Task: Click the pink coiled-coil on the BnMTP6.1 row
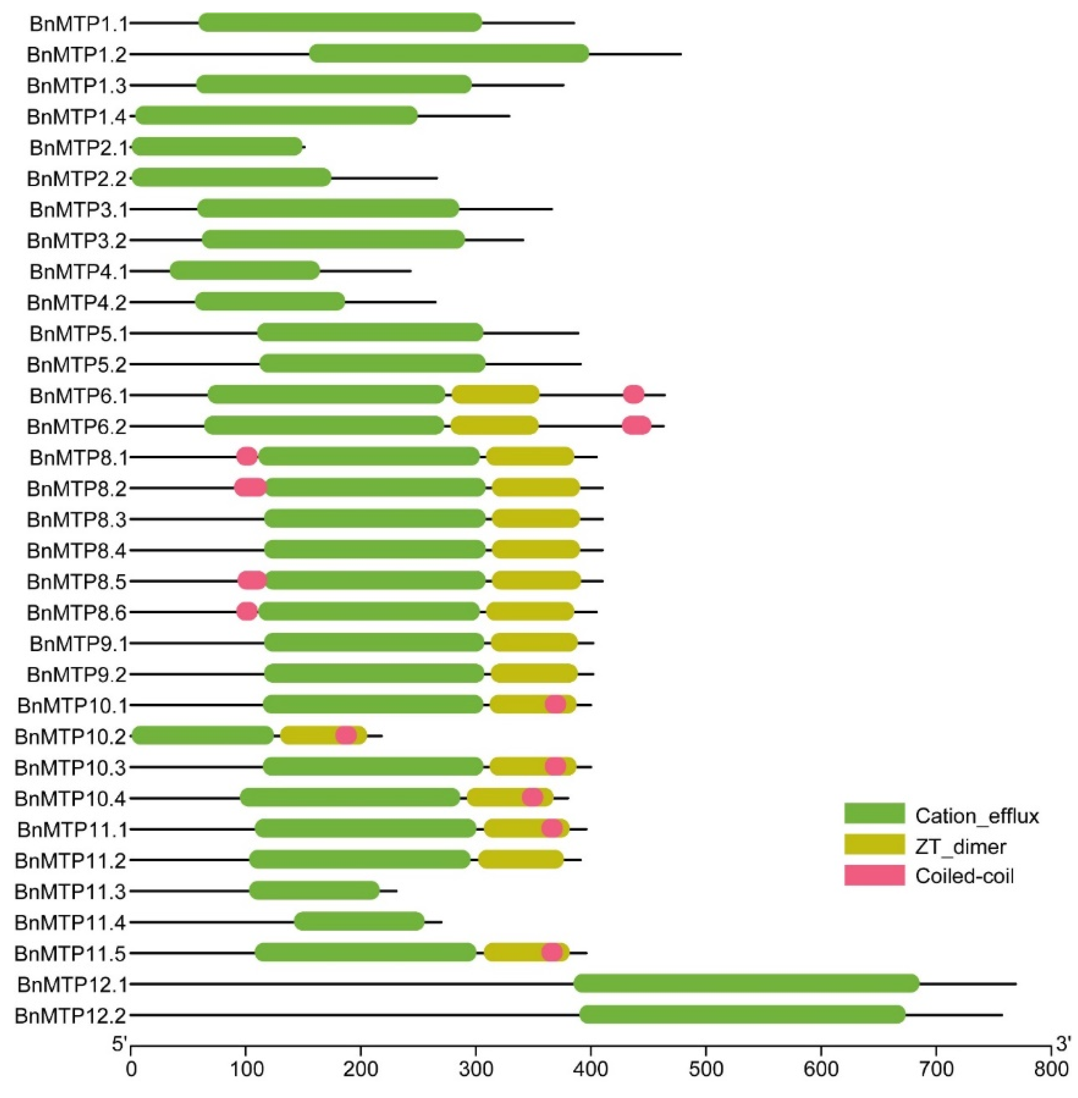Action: coord(634,394)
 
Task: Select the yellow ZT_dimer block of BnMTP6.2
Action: coord(495,425)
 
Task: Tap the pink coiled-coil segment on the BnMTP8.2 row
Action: coord(250,487)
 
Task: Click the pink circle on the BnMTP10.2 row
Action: coord(346,735)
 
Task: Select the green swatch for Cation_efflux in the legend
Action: coord(874,813)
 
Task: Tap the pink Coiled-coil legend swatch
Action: coord(874,875)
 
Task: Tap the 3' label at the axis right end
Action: coord(1063,1043)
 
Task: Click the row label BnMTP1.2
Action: coord(77,55)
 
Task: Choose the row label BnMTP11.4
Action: coord(71,922)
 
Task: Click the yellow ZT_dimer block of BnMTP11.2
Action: coord(521,859)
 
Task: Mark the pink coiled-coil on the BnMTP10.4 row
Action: coord(532,797)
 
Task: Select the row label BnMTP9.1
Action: coord(79,644)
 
